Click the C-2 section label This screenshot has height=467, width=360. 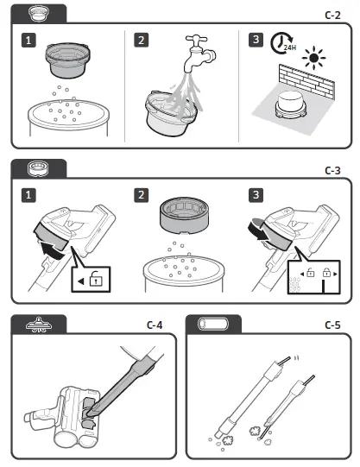[x=332, y=16]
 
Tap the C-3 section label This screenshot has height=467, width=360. [x=332, y=171]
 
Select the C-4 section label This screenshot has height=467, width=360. [x=155, y=325]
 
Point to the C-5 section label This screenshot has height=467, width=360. [x=332, y=325]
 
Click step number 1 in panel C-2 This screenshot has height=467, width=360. [x=28, y=41]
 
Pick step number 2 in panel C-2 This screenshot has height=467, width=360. [x=141, y=41]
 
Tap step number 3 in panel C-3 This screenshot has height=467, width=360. [x=256, y=195]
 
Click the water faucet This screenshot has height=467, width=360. [x=199, y=53]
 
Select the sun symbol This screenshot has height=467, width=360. [x=313, y=58]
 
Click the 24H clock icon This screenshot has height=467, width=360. [x=282, y=44]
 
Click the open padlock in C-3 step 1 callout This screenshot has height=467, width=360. [x=96, y=278]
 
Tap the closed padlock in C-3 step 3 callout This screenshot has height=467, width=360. [x=326, y=273]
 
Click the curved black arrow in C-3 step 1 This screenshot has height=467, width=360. [x=53, y=249]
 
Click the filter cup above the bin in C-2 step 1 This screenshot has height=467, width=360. [x=67, y=60]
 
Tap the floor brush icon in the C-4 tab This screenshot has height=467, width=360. [x=39, y=325]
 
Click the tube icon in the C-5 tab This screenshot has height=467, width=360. [x=213, y=324]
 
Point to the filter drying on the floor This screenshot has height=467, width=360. [x=291, y=105]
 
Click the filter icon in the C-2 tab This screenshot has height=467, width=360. [x=39, y=14]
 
